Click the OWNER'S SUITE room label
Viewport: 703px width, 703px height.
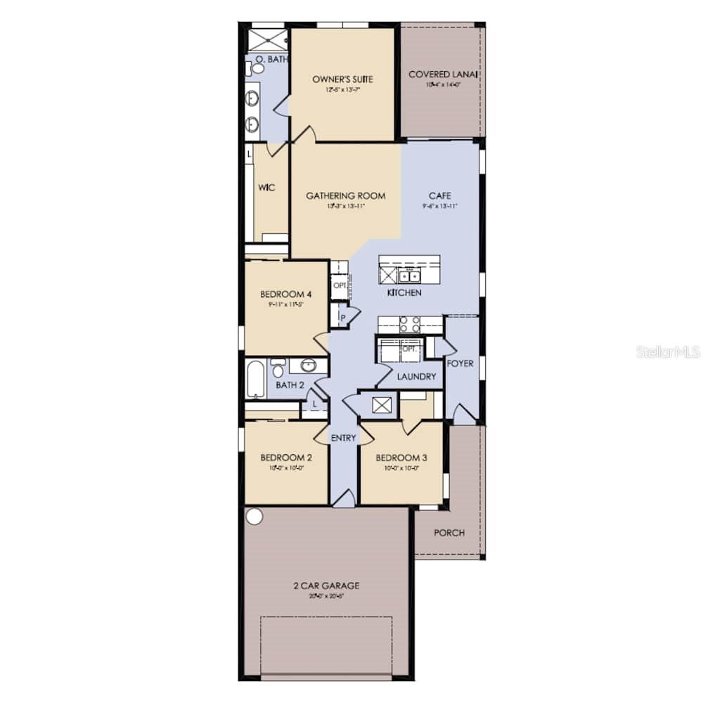coord(342,79)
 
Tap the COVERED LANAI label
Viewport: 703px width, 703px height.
coord(444,75)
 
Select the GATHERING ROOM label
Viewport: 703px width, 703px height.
coord(345,196)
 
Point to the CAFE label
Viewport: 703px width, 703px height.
coord(440,196)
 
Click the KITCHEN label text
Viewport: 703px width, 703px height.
coord(404,292)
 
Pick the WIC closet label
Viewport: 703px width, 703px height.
coord(266,188)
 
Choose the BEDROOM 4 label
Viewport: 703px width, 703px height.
coord(285,295)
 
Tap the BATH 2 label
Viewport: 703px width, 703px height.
coord(290,385)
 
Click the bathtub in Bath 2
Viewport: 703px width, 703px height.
coord(256,380)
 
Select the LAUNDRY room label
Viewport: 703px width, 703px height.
coord(416,377)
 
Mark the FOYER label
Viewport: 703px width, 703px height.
coord(460,363)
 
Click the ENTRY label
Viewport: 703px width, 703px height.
coord(344,438)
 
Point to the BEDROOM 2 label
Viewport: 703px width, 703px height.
coord(285,457)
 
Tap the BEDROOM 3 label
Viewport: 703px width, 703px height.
coord(401,457)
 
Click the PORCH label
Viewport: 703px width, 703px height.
coord(449,533)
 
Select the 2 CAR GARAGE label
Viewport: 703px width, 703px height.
coord(326,586)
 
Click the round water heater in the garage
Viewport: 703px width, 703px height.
coord(254,517)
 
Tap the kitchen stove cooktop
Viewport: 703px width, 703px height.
coord(410,324)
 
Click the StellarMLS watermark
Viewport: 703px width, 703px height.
coord(668,351)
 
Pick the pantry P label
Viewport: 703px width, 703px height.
coord(342,317)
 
